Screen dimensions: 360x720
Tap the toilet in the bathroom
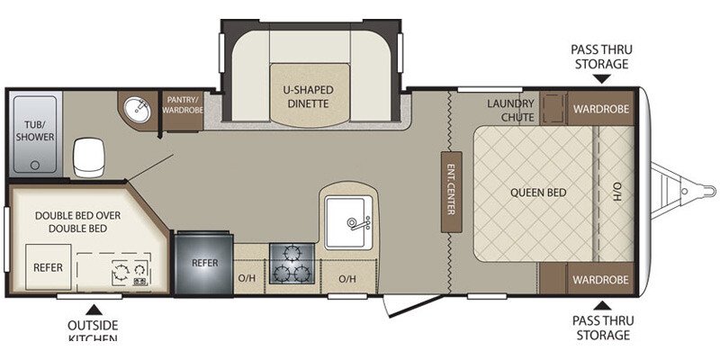click(87, 157)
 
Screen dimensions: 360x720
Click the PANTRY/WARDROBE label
click(183, 103)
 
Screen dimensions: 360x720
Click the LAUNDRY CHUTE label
click(511, 110)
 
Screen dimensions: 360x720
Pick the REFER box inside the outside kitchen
click(48, 267)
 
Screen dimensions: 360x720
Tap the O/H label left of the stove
click(246, 278)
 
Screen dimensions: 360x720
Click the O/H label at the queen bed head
click(617, 192)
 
